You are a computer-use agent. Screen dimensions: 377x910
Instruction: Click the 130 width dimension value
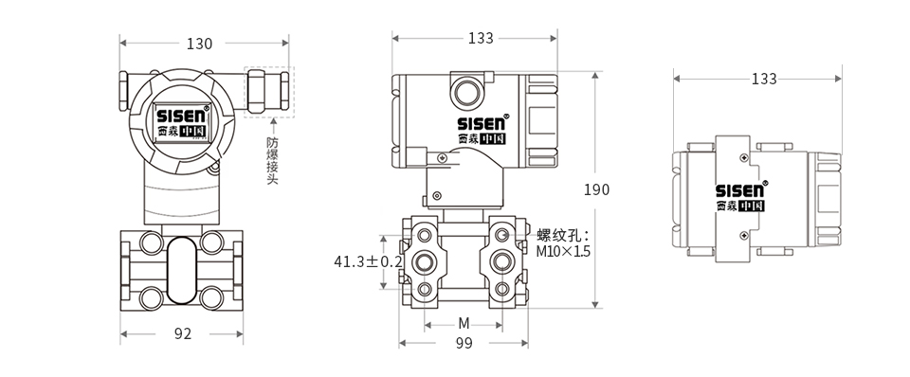199,44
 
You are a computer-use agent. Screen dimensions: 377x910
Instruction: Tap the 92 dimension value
183,333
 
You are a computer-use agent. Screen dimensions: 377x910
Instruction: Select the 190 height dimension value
596,189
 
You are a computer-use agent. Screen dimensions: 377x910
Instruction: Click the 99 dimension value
464,344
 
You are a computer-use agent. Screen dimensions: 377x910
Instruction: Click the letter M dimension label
464,323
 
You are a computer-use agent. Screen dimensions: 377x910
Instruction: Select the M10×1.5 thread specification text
563,252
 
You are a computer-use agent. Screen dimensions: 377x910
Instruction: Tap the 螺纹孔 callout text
562,235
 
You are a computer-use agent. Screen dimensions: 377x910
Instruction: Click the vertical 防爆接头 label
272,159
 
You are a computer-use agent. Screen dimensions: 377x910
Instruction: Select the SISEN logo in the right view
740,190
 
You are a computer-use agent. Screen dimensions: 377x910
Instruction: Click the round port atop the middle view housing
465,93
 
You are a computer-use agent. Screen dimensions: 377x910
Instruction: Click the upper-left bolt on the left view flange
152,241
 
